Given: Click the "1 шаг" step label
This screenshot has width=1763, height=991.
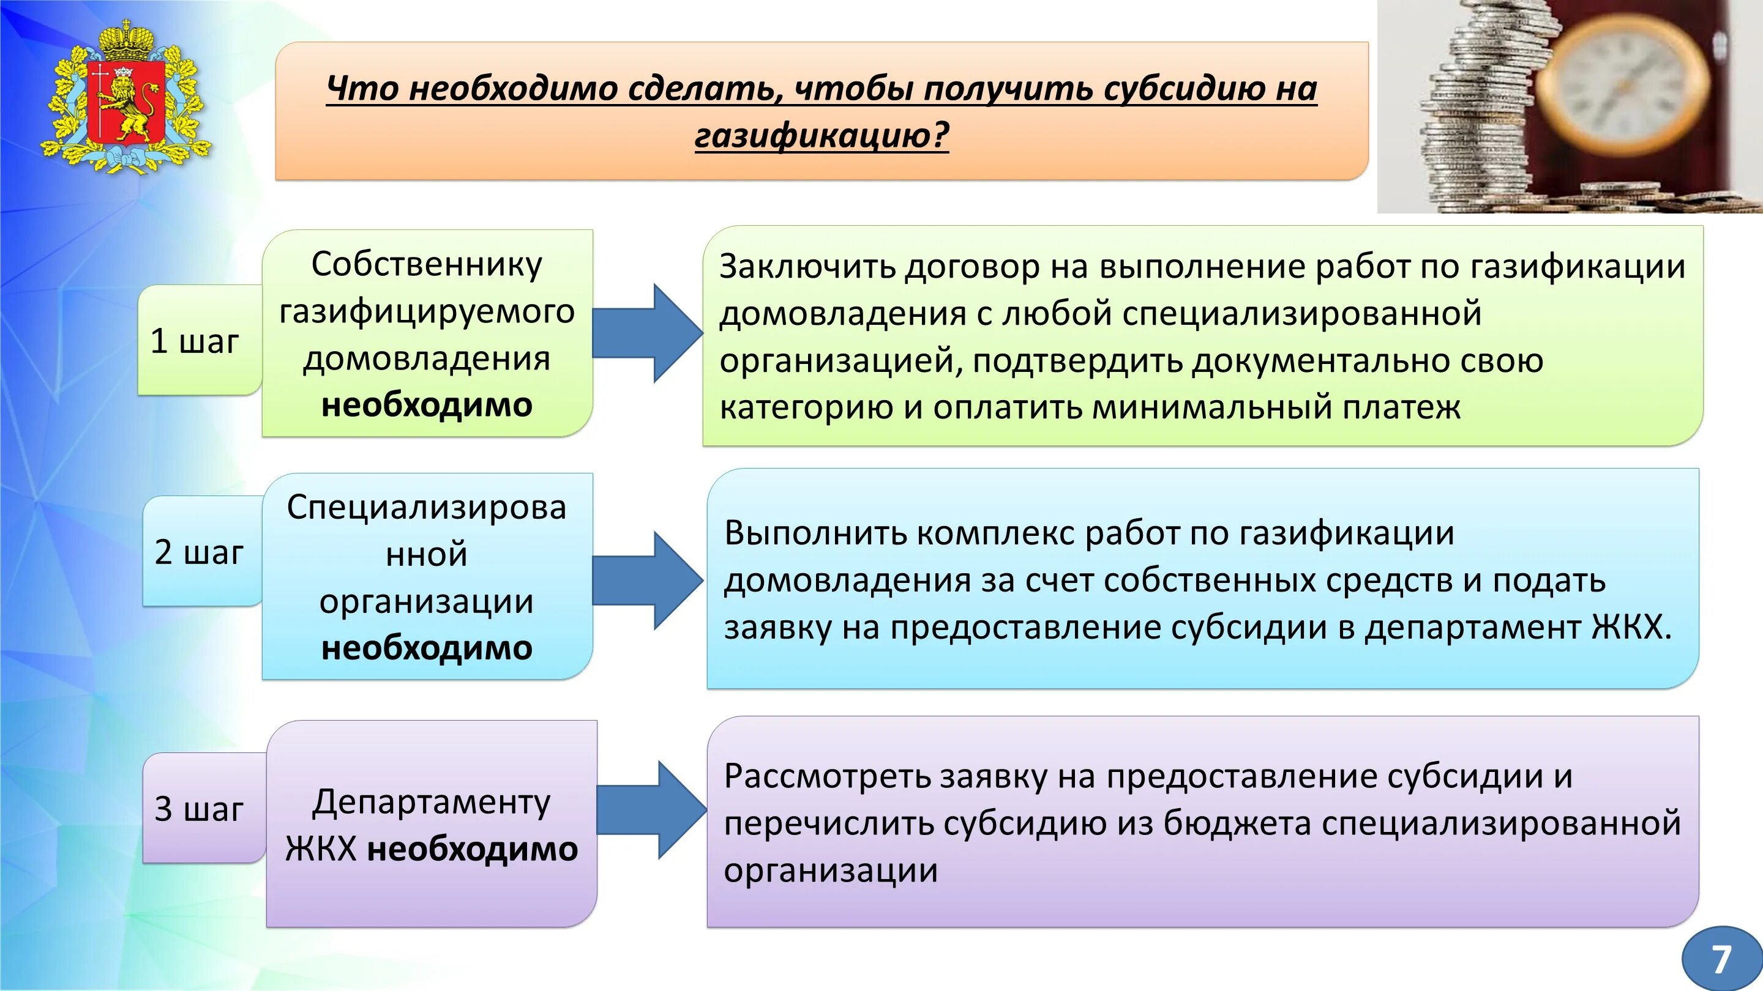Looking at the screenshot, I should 195,341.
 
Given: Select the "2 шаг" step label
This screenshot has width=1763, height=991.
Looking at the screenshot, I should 198,552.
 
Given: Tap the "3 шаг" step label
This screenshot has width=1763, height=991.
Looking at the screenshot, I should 198,808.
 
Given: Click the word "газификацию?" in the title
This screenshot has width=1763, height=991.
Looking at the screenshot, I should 822,135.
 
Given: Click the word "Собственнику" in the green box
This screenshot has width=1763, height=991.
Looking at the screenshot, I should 427,264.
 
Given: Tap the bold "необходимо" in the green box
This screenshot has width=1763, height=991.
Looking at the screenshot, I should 427,405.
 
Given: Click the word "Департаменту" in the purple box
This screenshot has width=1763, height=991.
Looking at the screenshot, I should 431,801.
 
